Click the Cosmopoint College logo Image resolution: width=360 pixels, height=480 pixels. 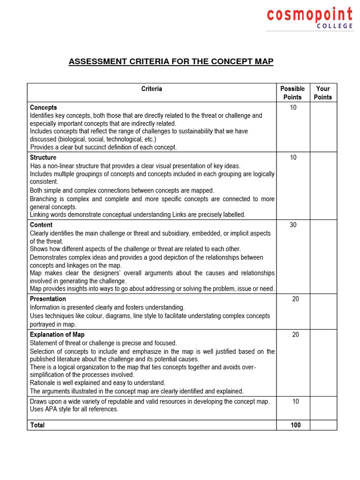(x=310, y=18)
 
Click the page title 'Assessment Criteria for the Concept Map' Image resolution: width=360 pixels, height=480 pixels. (x=171, y=62)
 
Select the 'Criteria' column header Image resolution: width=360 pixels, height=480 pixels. (x=151, y=89)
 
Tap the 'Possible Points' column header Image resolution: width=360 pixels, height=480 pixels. (x=292, y=93)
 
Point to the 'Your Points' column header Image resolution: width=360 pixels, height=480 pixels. (x=323, y=93)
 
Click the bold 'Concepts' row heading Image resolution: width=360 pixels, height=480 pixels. (x=44, y=107)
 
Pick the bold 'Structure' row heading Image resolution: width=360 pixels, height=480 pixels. (x=43, y=157)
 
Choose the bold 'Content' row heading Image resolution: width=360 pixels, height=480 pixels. (x=41, y=225)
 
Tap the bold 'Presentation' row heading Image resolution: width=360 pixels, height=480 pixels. (x=48, y=299)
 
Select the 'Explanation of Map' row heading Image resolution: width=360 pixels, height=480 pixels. (x=57, y=335)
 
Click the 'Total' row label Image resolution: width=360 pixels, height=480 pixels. (x=37, y=425)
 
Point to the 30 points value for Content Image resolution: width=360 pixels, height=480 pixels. (x=293, y=225)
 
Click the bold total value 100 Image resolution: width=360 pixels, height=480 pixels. (x=295, y=425)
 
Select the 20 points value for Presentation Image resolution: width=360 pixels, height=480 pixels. (x=295, y=299)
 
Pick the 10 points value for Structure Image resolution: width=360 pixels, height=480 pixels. (x=293, y=157)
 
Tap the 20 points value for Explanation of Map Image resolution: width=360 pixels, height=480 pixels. (x=295, y=335)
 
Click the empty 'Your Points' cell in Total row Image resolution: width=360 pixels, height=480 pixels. (x=323, y=425)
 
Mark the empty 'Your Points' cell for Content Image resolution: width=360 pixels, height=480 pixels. (x=323, y=256)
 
